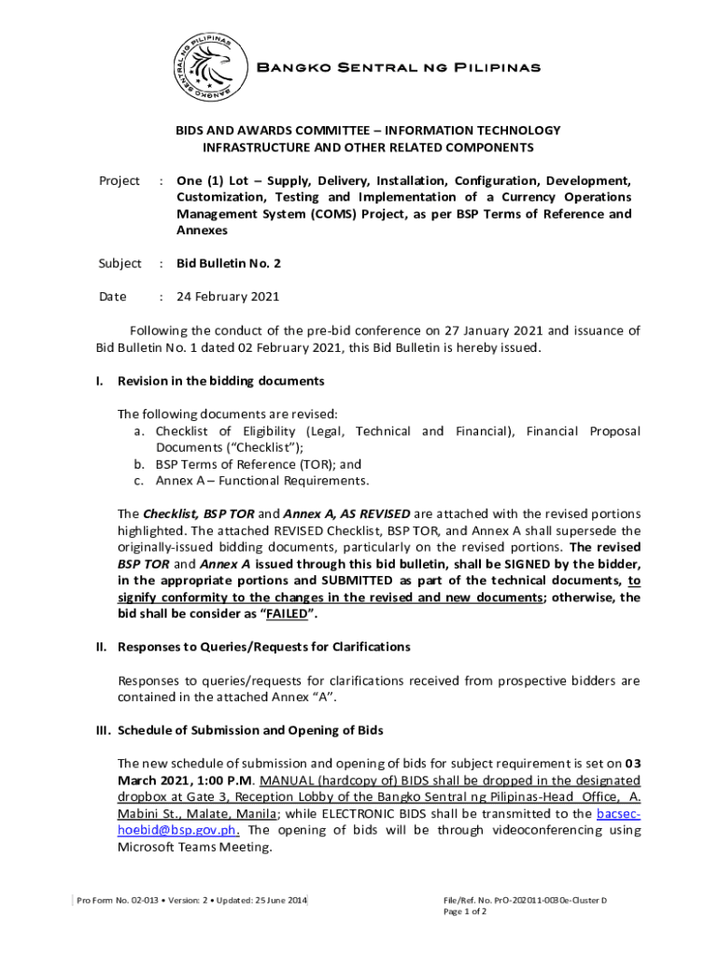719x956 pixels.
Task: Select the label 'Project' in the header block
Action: [x=120, y=180]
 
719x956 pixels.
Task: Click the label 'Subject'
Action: [x=120, y=263]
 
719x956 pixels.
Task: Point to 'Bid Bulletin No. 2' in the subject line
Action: [x=229, y=263]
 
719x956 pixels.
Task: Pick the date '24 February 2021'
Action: [x=228, y=297]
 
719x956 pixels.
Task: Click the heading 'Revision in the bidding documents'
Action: [x=220, y=381]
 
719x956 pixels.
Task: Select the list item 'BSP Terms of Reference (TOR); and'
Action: [x=259, y=464]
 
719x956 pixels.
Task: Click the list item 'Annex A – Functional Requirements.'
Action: [x=262, y=481]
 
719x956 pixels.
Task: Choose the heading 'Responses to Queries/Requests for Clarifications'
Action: [x=263, y=646]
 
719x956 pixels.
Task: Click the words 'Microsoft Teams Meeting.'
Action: [x=194, y=847]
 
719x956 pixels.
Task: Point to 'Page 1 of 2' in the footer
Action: [x=465, y=911]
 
